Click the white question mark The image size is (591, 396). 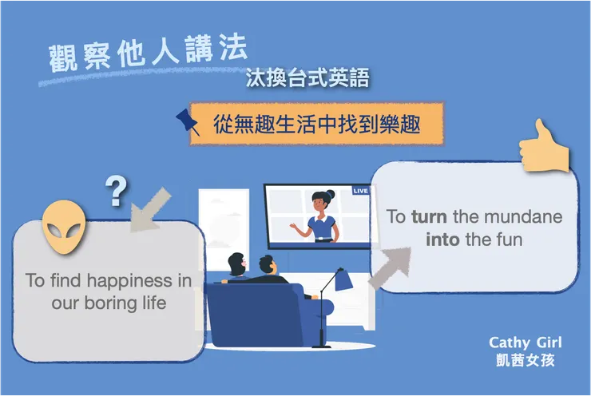coord(116,192)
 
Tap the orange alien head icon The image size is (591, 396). coord(64,228)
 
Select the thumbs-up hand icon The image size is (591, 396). coord(544,147)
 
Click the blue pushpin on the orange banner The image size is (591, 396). coord(188,121)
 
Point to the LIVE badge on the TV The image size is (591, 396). coord(360,191)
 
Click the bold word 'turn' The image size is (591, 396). coord(429,216)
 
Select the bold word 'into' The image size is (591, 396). coord(442,240)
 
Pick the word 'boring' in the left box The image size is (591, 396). coord(111,303)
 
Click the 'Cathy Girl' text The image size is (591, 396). coord(525,343)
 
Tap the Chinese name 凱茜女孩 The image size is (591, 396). coord(525,360)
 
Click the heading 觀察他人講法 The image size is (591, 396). coord(148,53)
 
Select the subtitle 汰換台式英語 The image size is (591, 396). coord(307,78)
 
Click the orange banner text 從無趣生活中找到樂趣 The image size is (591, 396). coord(316,124)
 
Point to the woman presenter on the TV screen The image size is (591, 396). coord(319,216)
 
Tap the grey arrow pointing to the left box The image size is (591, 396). coord(149,210)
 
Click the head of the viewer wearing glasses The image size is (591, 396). coord(236,264)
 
